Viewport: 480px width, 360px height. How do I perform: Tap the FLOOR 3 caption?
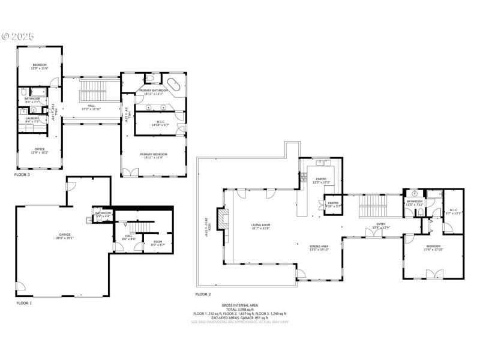click(23, 175)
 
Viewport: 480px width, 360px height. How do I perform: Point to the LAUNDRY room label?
click(32, 118)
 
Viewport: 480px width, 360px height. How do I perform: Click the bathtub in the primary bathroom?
click(175, 85)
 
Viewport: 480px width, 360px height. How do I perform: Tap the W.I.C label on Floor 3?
click(154, 124)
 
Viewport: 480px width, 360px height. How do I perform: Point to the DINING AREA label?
click(319, 246)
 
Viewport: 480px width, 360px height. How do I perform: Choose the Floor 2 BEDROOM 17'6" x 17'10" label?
click(433, 247)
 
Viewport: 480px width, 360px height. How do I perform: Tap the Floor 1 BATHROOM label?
click(103, 213)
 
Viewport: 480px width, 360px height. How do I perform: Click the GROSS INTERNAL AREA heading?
click(240, 305)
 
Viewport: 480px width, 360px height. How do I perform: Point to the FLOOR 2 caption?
click(203, 295)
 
